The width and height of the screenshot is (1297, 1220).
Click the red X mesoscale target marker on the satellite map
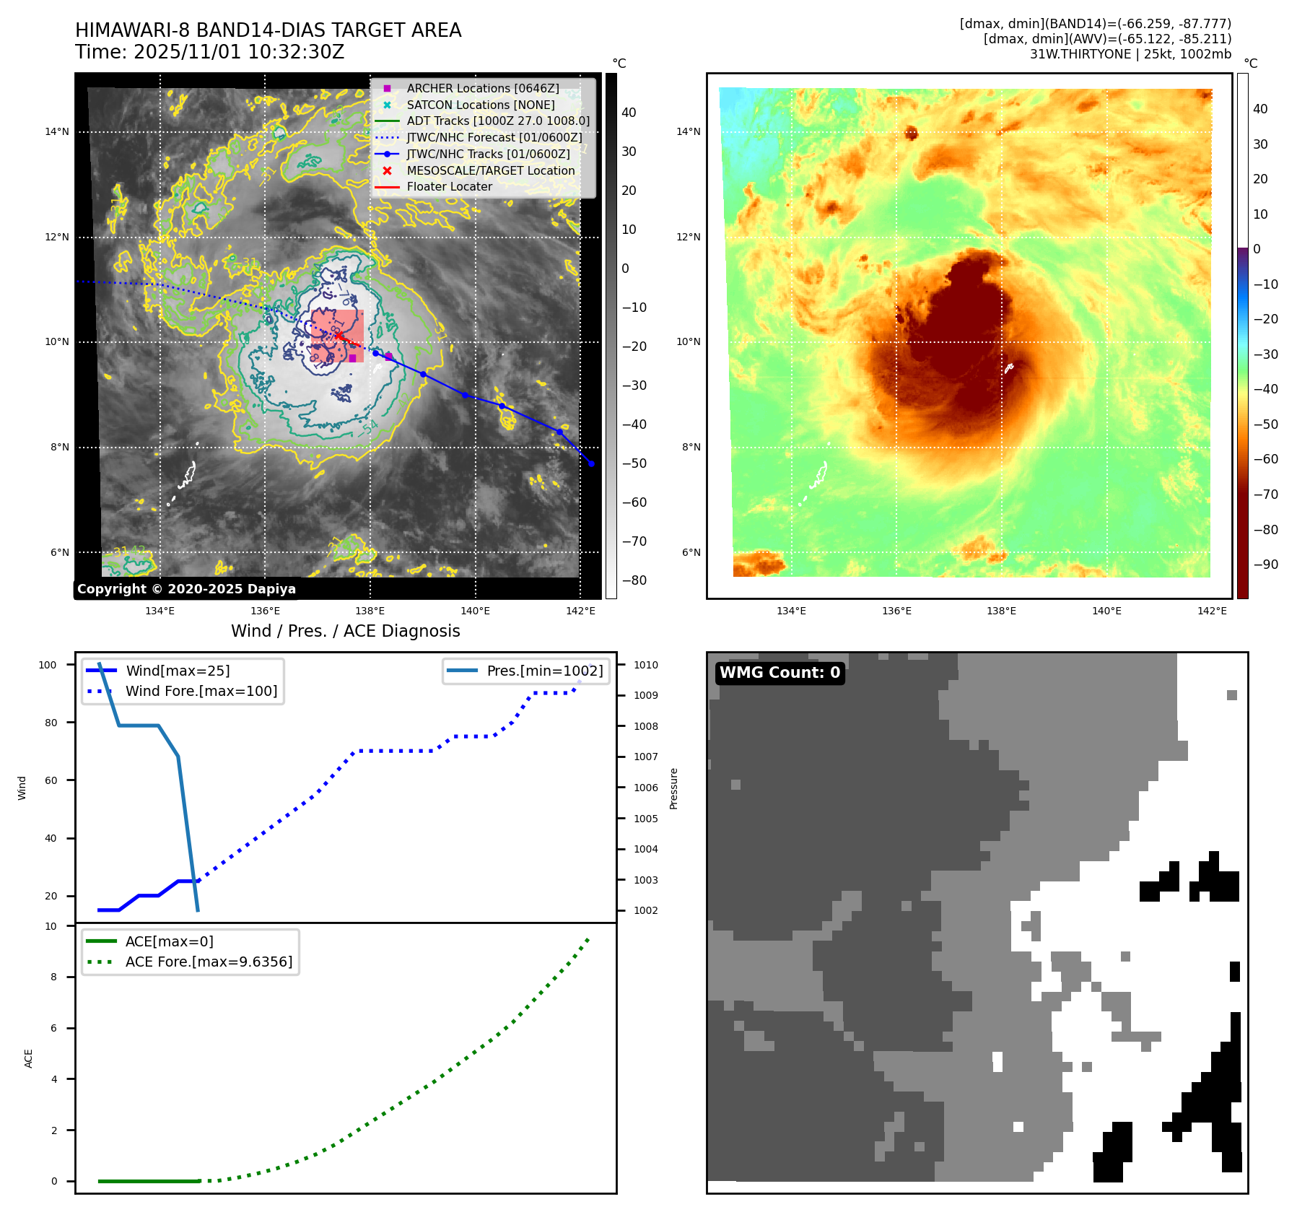tap(339, 336)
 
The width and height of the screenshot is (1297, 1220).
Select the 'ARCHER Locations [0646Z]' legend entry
tap(482, 88)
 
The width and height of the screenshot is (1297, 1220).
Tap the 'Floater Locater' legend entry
tap(449, 186)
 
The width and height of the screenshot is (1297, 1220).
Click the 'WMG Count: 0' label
tap(779, 673)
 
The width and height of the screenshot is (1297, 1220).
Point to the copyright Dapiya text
tap(186, 589)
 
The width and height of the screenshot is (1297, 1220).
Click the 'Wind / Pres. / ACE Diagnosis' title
tap(345, 631)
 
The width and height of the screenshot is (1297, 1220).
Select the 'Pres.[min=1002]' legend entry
tap(544, 671)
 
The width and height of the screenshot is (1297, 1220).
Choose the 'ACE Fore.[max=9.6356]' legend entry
tap(209, 962)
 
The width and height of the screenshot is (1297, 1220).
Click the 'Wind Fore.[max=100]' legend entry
tap(201, 691)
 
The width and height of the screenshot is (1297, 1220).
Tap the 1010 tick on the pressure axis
tap(645, 665)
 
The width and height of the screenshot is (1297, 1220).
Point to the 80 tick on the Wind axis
tap(51, 723)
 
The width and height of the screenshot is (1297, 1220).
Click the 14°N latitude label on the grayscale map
tap(57, 131)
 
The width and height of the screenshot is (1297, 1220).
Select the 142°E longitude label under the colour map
tap(1211, 611)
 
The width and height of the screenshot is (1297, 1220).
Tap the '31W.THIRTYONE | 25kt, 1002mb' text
tap(1130, 54)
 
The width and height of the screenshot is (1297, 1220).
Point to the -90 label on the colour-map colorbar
tap(1265, 565)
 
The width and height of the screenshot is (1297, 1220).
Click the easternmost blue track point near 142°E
tap(591, 463)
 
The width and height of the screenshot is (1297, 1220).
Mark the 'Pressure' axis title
tap(673, 788)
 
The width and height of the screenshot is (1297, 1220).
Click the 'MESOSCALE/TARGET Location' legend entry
tap(490, 170)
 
